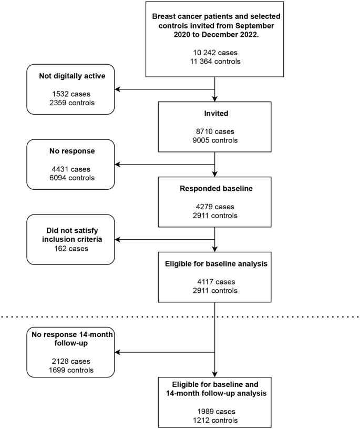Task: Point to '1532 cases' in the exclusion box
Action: [70, 94]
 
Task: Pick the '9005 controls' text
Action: [214, 140]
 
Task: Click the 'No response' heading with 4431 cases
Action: [70, 151]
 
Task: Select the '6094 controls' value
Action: [70, 178]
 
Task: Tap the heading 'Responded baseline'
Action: [214, 189]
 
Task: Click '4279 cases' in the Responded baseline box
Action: [214, 207]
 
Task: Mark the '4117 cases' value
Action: [214, 282]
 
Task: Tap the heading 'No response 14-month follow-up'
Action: [70, 339]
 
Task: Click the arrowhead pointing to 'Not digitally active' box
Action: [118, 89]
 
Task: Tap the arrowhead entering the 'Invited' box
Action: [214, 99]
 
